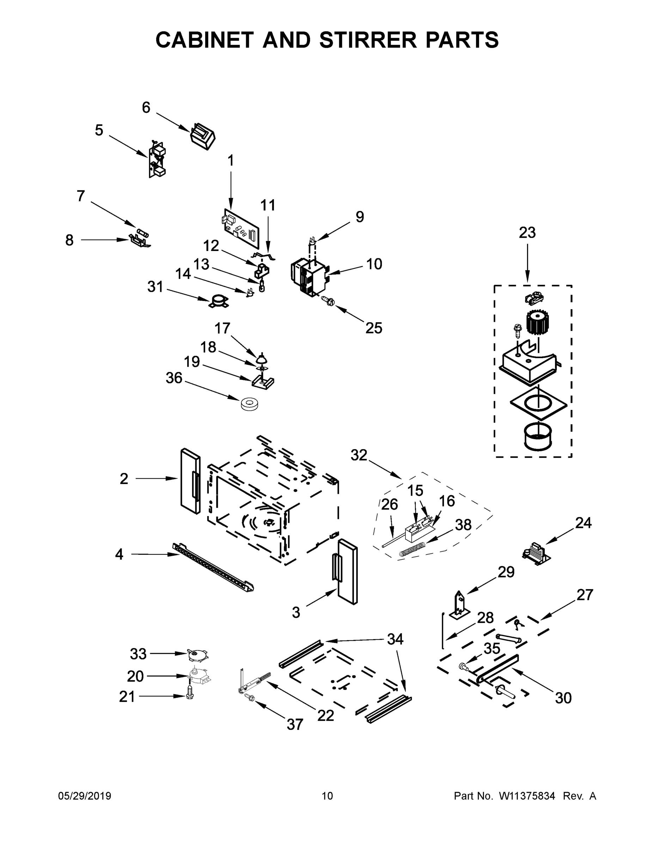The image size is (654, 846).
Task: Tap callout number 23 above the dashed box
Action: pos(527,232)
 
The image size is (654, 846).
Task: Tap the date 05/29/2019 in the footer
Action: pos(85,796)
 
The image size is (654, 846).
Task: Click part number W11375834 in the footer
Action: pos(527,796)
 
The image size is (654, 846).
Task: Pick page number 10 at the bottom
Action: pos(328,796)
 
